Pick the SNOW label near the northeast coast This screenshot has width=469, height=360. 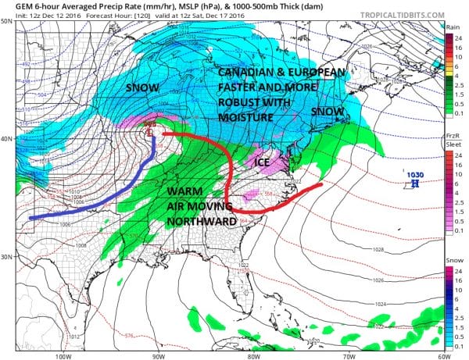point(327,112)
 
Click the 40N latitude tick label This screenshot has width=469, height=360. point(6,139)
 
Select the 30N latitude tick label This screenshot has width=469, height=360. point(6,258)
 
